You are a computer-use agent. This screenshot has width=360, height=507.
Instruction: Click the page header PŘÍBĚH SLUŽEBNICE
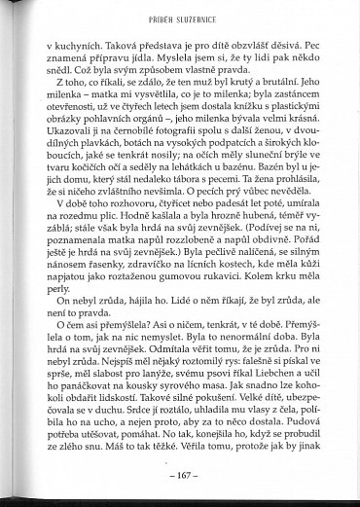pos(180,18)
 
